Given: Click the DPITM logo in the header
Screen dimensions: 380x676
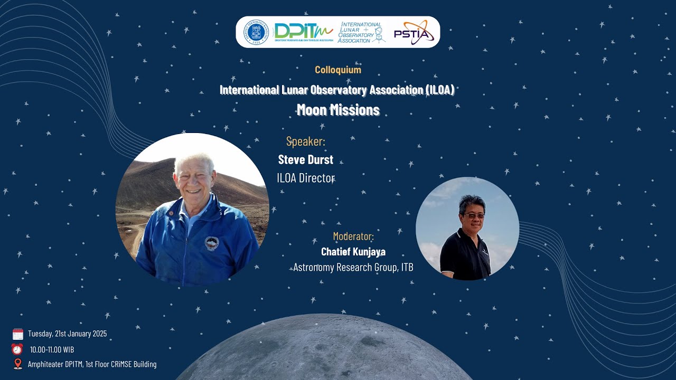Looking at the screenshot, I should click(303, 32).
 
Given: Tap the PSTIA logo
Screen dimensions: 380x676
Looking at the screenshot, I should click(414, 33).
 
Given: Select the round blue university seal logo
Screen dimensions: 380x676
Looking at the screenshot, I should click(256, 32).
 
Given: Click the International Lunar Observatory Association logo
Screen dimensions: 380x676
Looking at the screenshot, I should click(362, 32).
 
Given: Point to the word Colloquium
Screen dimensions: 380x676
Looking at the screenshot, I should click(338, 70).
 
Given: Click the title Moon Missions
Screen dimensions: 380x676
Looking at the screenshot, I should click(338, 110).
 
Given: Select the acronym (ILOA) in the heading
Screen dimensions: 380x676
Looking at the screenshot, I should click(439, 90).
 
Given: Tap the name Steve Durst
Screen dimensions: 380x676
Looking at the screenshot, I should click(306, 160).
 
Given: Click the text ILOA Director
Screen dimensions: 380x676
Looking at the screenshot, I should click(306, 178).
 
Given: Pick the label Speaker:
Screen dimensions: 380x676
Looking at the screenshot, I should click(306, 141).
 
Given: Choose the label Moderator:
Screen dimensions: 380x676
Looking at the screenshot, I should click(353, 236).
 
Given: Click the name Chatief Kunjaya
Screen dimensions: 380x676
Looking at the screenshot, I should click(353, 252).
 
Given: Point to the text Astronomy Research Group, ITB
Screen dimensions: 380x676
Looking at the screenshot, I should click(353, 268).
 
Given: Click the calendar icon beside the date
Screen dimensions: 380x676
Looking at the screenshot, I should click(18, 334).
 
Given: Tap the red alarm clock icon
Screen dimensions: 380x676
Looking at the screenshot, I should click(17, 349).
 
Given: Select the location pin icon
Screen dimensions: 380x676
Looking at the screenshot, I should click(18, 364).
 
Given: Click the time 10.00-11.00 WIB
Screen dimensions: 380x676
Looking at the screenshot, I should click(52, 349).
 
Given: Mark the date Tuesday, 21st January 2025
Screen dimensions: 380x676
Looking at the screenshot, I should click(67, 334).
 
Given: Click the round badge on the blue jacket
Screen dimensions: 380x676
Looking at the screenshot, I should click(212, 243).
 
